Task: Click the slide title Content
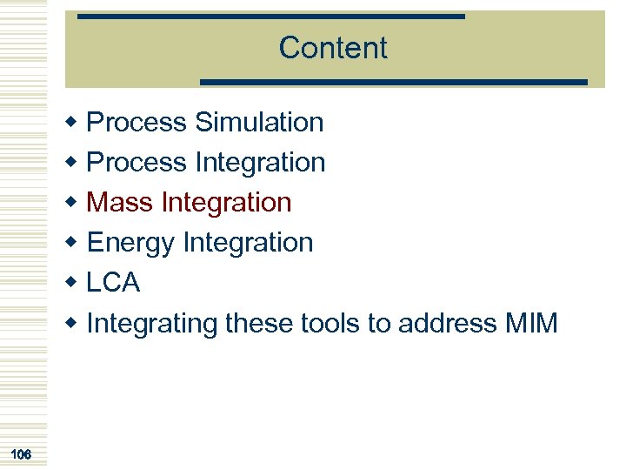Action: coord(333,48)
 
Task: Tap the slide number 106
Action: coord(22,453)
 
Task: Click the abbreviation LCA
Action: coord(114,283)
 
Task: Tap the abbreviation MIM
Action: coord(530,323)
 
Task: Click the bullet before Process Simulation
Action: coord(74,123)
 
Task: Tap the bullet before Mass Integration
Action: coord(74,203)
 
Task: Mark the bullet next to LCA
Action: coord(74,283)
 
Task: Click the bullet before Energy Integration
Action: coord(74,243)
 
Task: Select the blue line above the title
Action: coord(271,16)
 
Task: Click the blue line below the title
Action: coord(394,82)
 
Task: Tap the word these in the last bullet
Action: coord(259,323)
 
